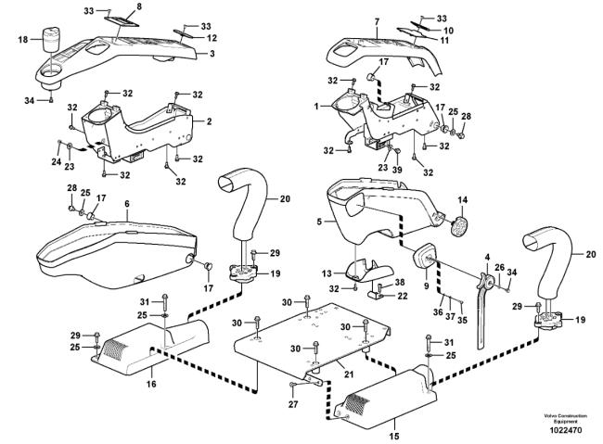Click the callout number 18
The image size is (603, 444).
(x=23, y=39)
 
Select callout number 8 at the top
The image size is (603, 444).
(x=139, y=7)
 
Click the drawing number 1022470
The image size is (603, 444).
(x=565, y=431)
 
